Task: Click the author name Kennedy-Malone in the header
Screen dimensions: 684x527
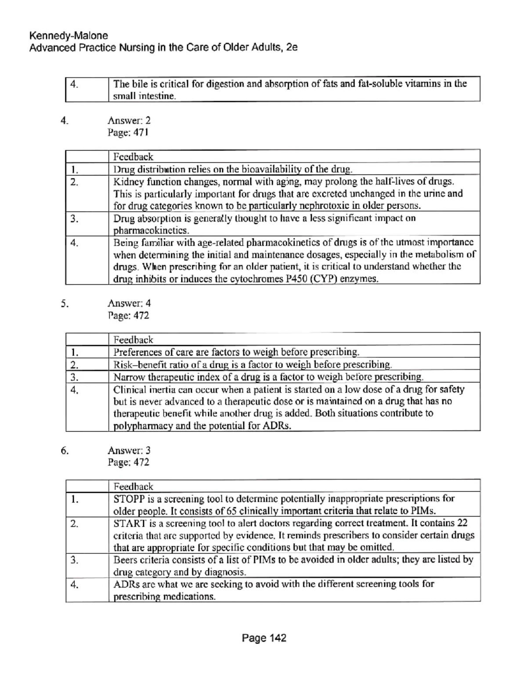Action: pyautogui.click(x=68, y=36)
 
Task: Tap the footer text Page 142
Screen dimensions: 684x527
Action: pyautogui.click(x=263, y=638)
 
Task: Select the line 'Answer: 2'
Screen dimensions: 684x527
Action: pyautogui.click(x=129, y=120)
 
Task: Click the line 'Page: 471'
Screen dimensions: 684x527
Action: pyautogui.click(x=128, y=132)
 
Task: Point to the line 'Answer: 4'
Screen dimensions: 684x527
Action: pyautogui.click(x=129, y=303)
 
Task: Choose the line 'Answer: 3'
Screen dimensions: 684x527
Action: pyautogui.click(x=129, y=450)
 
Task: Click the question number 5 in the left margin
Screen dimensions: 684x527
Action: pyautogui.click(x=65, y=303)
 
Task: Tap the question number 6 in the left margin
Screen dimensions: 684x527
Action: pyautogui.click(x=65, y=450)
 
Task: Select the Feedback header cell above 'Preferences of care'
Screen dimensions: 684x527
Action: pyautogui.click(x=134, y=339)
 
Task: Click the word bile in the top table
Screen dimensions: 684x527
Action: pyautogui.click(x=140, y=84)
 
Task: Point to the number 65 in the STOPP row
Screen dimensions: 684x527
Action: pyautogui.click(x=232, y=511)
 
